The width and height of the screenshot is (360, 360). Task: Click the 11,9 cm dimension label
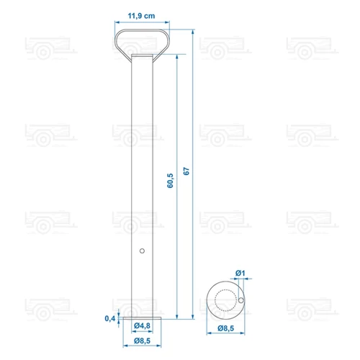141,16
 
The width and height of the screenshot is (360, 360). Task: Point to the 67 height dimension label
186,171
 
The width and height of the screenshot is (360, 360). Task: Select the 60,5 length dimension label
170,181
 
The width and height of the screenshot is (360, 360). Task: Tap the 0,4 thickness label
110,318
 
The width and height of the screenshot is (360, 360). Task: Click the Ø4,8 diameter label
142,325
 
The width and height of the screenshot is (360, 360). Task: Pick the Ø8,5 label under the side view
142,341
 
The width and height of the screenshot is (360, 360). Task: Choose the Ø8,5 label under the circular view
226,328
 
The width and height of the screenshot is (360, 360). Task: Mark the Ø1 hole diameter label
240,273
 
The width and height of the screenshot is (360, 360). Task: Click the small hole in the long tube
142,251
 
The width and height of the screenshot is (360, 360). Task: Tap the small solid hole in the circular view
241,300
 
